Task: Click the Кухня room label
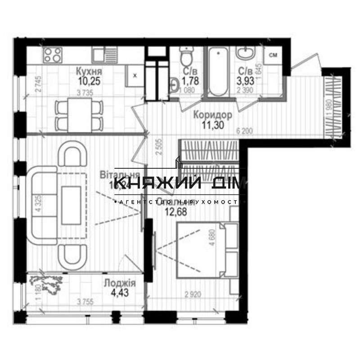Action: pos(89,72)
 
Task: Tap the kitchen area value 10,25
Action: pos(89,81)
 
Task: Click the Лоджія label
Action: pos(119,283)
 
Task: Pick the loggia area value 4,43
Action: pos(119,293)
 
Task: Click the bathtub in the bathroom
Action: pos(218,72)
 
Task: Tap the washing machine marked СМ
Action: pos(273,55)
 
